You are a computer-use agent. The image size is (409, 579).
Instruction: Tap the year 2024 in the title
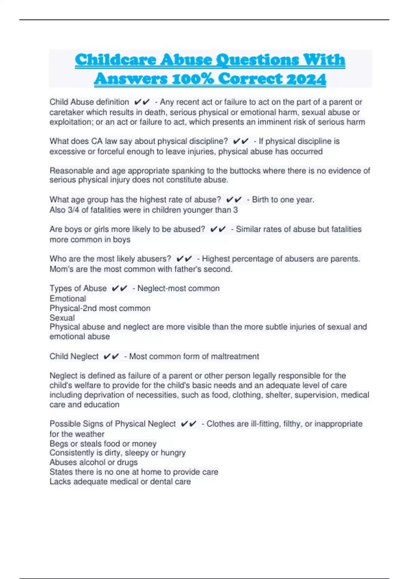pyautogui.click(x=306, y=79)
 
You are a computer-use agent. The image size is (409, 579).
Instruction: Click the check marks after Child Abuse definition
pyautogui.click(x=142, y=102)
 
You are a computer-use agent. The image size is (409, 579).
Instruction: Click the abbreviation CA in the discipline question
pyautogui.click(x=97, y=141)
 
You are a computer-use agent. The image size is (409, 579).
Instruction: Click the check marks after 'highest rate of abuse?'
pyautogui.click(x=234, y=200)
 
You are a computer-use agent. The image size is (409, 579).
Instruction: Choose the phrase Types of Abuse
pyautogui.click(x=78, y=288)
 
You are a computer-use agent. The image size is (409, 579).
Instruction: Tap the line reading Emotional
pyautogui.click(x=68, y=299)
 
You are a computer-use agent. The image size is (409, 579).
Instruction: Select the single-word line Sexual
pyautogui.click(x=62, y=318)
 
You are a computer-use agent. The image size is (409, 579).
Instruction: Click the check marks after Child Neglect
pyautogui.click(x=111, y=357)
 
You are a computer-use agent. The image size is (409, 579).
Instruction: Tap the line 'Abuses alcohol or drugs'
pyautogui.click(x=93, y=462)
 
